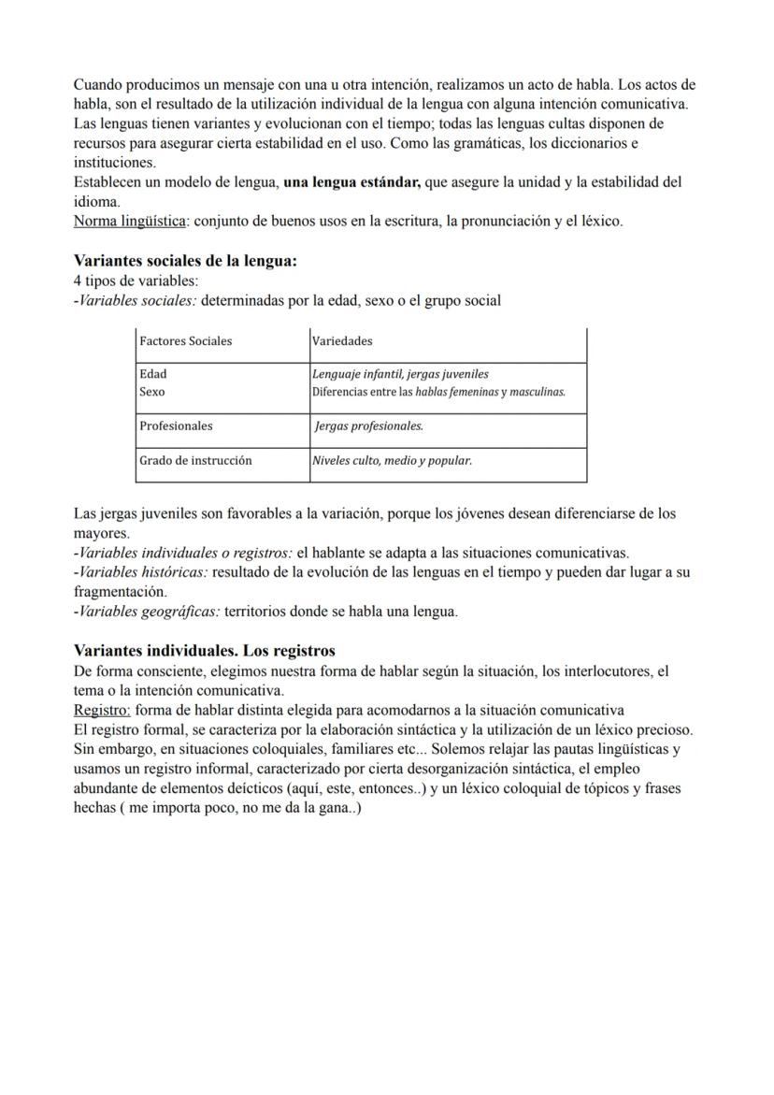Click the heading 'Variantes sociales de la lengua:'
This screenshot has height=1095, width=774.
(185, 261)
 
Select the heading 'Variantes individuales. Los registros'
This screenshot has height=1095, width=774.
(204, 651)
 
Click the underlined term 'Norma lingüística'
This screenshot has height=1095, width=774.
(129, 222)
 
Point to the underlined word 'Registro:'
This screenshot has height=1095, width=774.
(102, 710)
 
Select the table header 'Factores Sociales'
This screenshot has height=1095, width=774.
(185, 341)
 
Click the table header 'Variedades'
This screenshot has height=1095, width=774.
(342, 341)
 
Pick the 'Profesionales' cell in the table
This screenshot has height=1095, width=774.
(176, 426)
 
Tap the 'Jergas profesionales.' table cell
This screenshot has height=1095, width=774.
(369, 426)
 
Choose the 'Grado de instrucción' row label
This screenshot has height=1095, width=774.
(195, 461)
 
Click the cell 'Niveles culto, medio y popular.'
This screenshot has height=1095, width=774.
(393, 461)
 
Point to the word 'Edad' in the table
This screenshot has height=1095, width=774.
(152, 374)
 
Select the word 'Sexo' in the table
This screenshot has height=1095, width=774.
(151, 392)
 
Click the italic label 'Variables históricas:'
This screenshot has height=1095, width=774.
(143, 572)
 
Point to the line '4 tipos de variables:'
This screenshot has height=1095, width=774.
(136, 281)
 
